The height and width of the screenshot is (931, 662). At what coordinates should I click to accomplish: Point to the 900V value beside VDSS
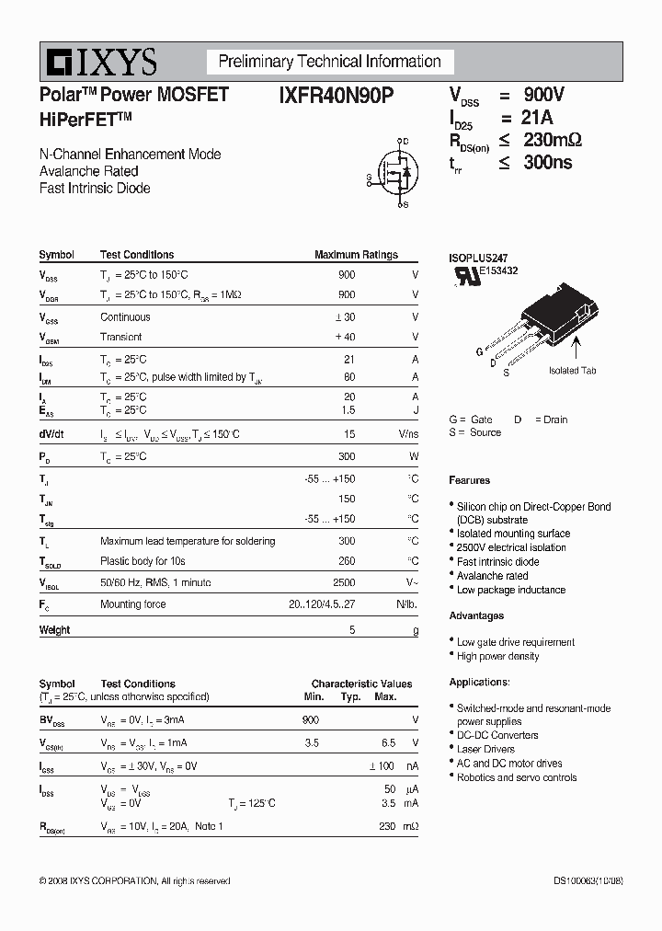[544, 95]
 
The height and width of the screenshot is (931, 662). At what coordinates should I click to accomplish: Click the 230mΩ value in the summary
[553, 141]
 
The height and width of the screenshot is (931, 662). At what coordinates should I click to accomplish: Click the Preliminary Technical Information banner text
[329, 62]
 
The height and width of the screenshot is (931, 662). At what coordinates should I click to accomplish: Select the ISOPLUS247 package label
[478, 259]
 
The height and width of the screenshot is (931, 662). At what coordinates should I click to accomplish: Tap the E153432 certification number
[497, 271]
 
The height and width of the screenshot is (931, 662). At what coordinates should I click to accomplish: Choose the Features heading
[470, 480]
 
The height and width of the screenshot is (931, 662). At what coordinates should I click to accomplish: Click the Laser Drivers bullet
[485, 749]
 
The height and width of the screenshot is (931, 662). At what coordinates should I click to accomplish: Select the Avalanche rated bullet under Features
[492, 576]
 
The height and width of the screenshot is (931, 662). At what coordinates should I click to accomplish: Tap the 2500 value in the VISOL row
[344, 582]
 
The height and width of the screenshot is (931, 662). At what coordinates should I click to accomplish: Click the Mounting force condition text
[133, 604]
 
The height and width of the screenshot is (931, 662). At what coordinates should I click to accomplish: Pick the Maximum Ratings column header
[356, 255]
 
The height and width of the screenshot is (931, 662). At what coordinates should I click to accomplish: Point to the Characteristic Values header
[361, 684]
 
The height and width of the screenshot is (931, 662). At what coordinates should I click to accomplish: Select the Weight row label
[54, 630]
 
